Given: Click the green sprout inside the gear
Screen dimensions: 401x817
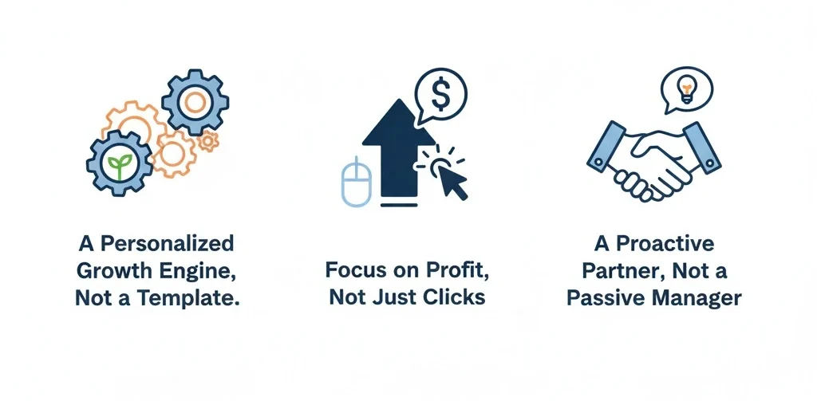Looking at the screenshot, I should (118, 167).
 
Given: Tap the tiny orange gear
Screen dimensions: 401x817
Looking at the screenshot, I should (208, 141).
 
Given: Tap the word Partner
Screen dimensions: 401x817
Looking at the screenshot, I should (614, 270).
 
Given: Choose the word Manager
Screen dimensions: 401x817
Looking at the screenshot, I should (700, 298).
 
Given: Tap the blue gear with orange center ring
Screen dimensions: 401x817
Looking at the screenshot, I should (195, 100).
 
